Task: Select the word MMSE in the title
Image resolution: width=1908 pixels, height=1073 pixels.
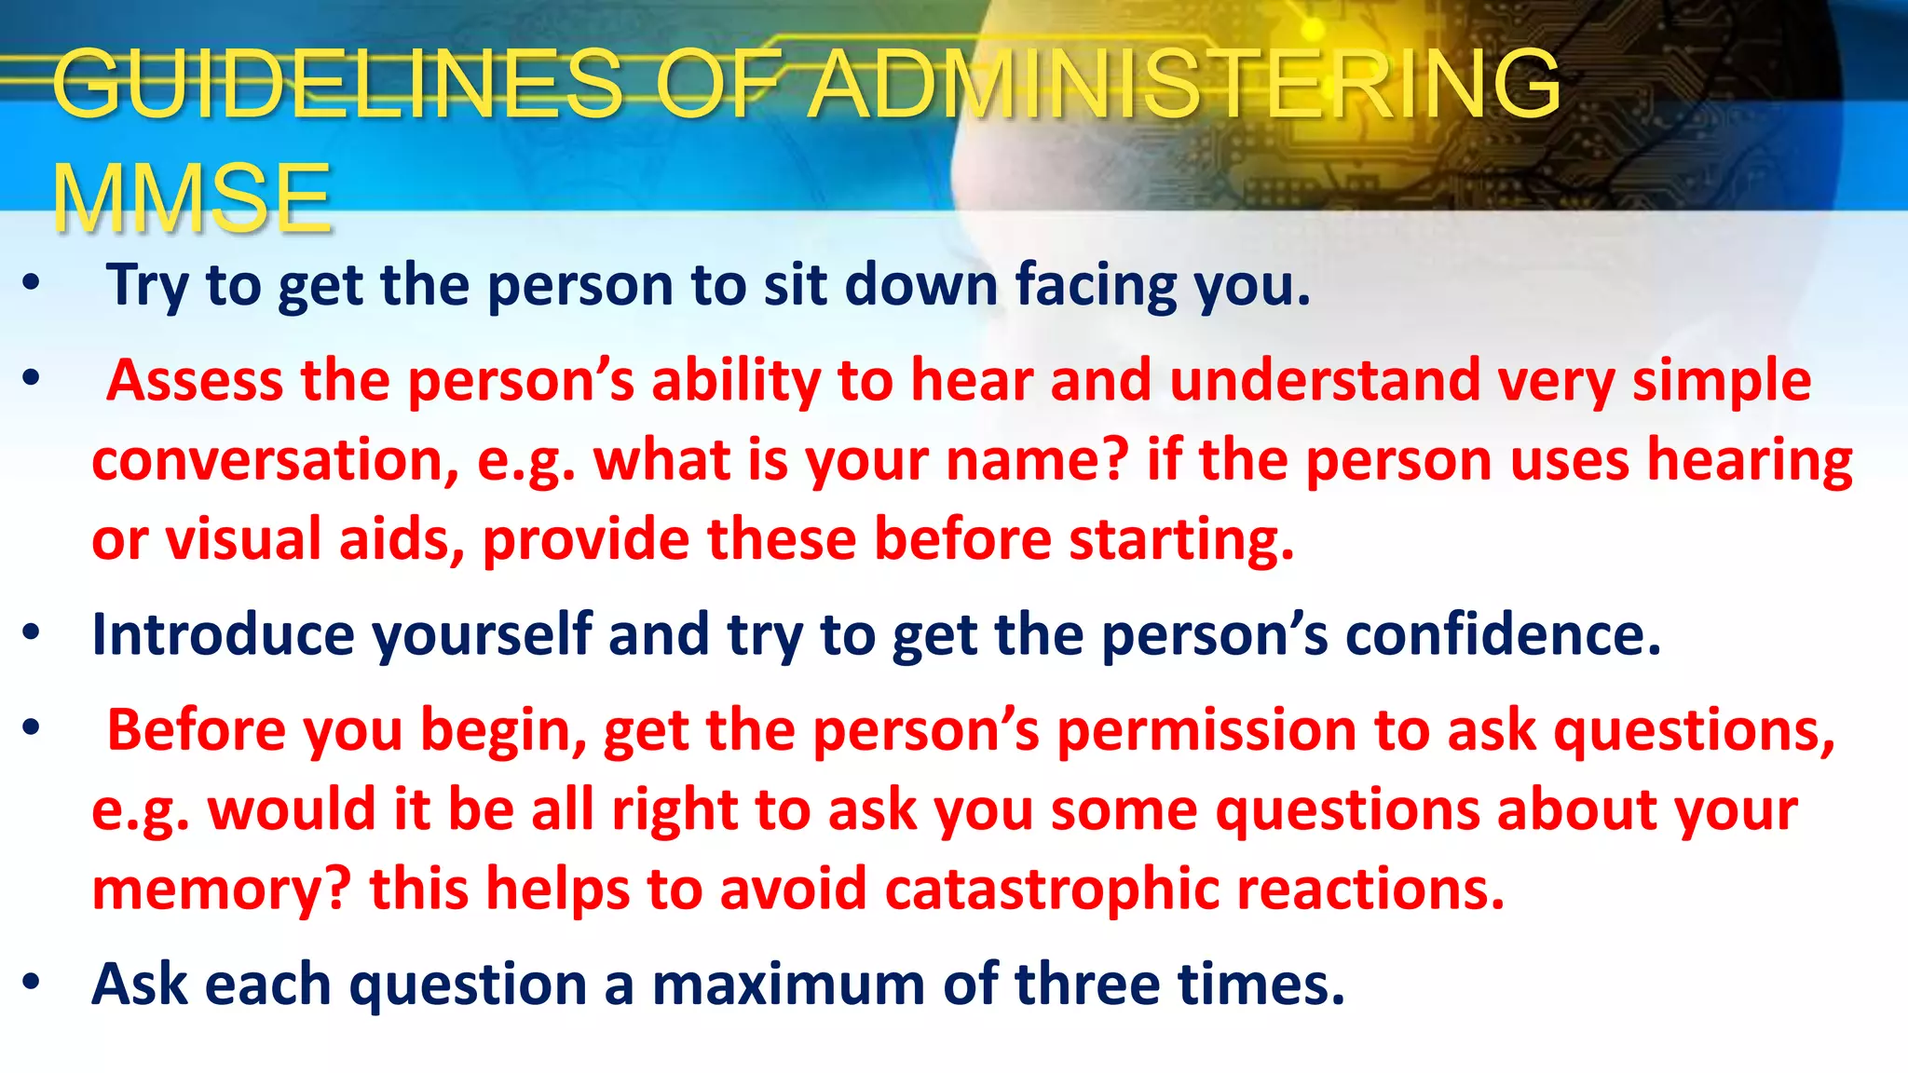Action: [x=192, y=198]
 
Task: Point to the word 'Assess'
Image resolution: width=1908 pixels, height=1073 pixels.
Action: [x=194, y=380]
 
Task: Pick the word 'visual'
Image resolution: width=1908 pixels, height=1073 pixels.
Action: [x=242, y=539]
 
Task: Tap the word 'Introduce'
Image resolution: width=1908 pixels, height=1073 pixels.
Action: [x=223, y=634]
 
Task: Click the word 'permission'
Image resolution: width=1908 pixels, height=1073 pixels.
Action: [x=1206, y=729]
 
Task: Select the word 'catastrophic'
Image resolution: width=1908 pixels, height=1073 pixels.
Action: [x=1052, y=889]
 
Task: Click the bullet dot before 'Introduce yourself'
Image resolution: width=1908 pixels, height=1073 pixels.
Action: [x=32, y=633]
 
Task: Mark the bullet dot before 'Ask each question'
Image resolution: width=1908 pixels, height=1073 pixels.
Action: [x=32, y=983]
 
